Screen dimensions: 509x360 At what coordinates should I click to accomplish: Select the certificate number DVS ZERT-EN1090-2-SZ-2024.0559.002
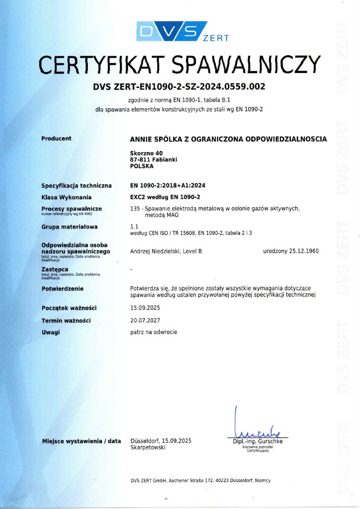[179, 87]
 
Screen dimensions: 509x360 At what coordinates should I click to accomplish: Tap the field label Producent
[56, 139]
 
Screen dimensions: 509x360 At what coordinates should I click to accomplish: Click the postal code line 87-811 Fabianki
[153, 160]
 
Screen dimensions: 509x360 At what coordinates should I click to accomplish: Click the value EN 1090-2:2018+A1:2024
[167, 185]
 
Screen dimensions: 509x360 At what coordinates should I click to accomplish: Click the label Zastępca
[55, 269]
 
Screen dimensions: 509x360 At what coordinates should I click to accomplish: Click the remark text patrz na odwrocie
[153, 332]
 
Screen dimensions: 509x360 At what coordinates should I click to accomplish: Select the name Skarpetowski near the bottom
[148, 448]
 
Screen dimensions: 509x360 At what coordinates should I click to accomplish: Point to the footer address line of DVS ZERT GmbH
[200, 480]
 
